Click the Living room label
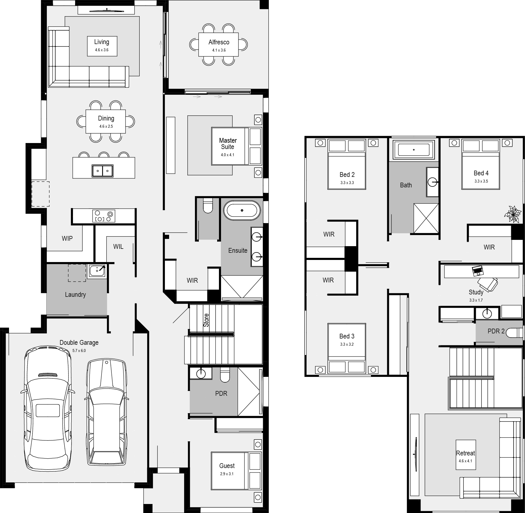coord(102,42)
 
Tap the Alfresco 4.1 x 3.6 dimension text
coord(219,50)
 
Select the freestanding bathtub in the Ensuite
coord(242,210)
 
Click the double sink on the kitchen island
coord(102,171)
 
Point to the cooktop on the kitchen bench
coord(103,216)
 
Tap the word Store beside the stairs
coord(206,320)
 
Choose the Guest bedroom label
coord(227,466)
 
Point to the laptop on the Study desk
coord(478,271)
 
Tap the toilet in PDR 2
coord(514,333)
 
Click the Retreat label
coord(465,453)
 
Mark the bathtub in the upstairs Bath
coord(414,150)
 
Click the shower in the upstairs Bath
coord(426,218)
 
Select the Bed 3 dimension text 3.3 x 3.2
coord(347,344)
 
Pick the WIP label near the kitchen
coord(67,238)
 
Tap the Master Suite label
coord(228,144)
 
